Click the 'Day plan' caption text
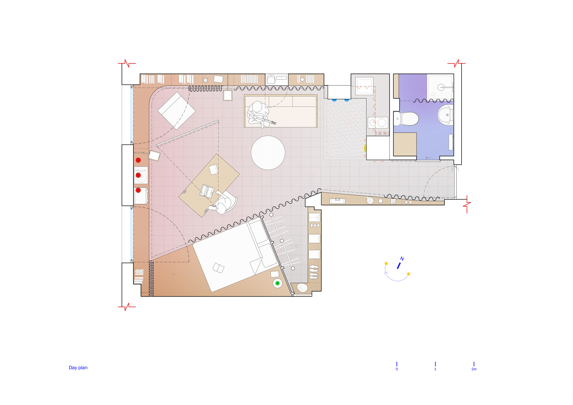[x=78, y=367]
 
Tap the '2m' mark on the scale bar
[x=474, y=369]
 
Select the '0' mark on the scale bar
[x=397, y=369]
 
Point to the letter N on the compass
[x=402, y=259]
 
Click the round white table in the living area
[x=268, y=153]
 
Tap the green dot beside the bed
[x=277, y=283]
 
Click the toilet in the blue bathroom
[x=407, y=119]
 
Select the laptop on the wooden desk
[x=207, y=191]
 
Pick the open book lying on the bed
[x=218, y=268]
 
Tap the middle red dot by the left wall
[x=138, y=175]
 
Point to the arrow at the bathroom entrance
[x=428, y=158]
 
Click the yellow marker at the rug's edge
[x=365, y=148]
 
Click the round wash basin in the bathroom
[x=446, y=115]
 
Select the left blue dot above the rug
[x=334, y=100]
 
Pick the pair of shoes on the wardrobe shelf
[x=314, y=268]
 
